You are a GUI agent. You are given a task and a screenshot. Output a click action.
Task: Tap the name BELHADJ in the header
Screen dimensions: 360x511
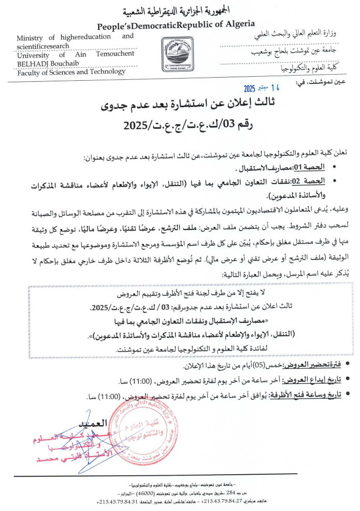35,63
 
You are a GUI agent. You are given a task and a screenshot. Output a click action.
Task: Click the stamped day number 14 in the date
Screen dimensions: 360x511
276,87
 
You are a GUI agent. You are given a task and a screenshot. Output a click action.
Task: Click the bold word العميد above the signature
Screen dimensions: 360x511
91,424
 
